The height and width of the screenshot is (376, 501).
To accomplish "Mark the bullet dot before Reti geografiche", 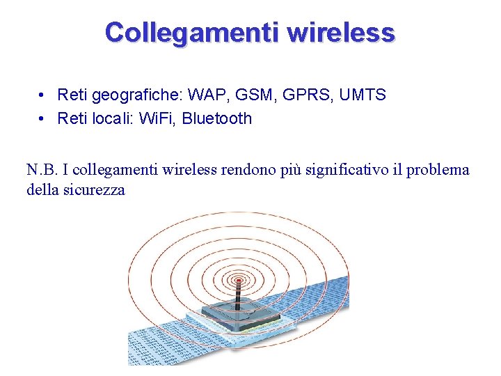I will (x=43, y=95).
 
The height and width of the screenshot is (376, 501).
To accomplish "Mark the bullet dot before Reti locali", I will (x=43, y=118).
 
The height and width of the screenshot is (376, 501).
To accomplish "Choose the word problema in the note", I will (x=438, y=169).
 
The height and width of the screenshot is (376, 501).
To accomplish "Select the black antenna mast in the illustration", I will (x=238, y=296).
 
